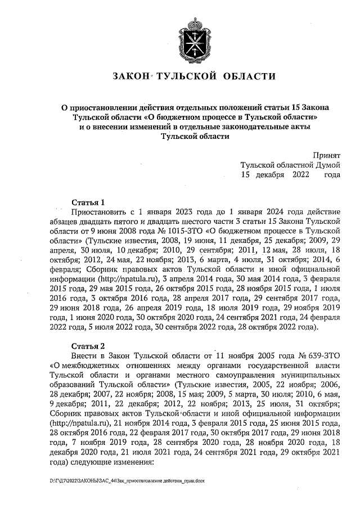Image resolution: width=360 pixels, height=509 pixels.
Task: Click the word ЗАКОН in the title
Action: (131, 76)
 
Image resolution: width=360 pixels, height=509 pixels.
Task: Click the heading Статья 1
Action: (89, 202)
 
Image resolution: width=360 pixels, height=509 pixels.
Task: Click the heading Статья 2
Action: (89, 345)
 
